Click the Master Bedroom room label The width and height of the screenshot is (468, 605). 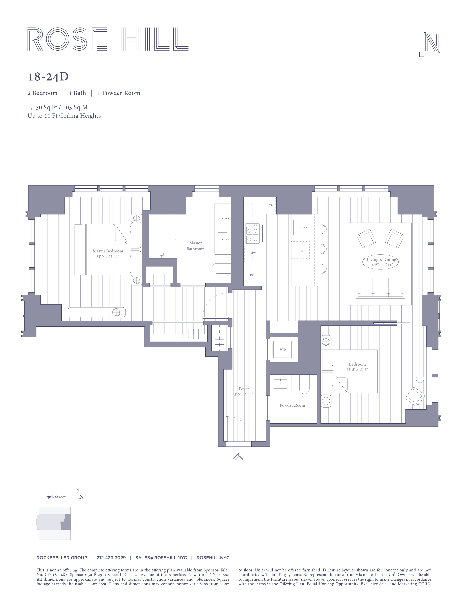click(x=108, y=251)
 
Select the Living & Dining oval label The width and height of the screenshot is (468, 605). click(x=381, y=262)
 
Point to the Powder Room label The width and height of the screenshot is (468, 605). click(x=292, y=405)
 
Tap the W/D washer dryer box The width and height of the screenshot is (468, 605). click(x=282, y=350)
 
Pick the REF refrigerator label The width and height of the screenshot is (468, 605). click(x=252, y=275)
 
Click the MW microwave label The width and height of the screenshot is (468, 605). click(x=253, y=253)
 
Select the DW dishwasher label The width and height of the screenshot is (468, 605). click(x=301, y=251)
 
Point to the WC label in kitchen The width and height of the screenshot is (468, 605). click(x=270, y=205)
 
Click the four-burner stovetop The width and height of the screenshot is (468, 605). click(x=252, y=234)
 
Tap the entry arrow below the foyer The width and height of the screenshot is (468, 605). click(x=239, y=457)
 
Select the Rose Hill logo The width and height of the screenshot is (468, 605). click(x=108, y=39)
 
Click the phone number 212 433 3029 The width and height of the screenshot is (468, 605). click(x=111, y=558)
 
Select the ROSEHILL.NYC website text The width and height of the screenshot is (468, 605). click(x=213, y=558)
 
